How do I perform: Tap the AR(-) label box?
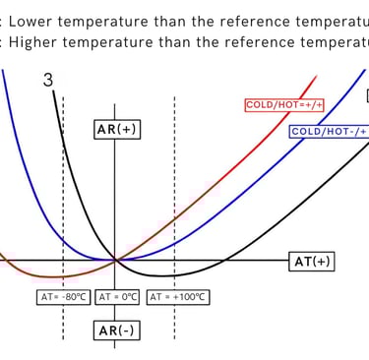(116, 330)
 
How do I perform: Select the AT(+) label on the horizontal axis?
(313, 261)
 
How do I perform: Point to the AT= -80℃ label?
(64, 296)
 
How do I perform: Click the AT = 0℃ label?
(117, 296)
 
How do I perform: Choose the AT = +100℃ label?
(181, 296)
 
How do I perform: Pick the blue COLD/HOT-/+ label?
(328, 131)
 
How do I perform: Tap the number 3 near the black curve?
(47, 82)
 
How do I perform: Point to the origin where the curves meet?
(116, 260)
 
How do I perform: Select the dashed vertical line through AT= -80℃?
(64, 197)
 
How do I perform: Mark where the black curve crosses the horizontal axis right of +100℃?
(225, 260)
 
